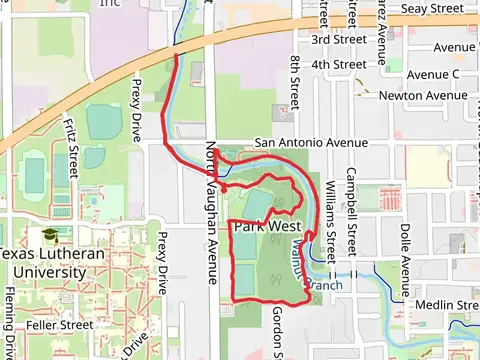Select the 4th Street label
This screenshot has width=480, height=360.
click(338, 64)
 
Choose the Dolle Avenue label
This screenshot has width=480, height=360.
click(405, 246)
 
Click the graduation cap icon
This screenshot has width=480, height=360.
click(48, 234)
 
